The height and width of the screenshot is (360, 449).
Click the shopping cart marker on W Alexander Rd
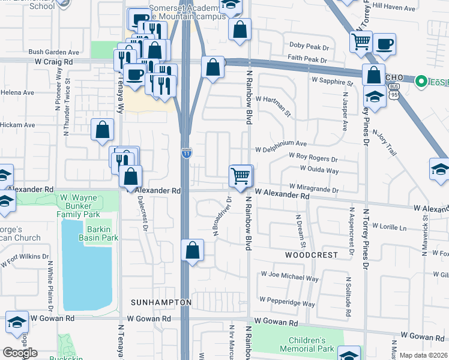point(240,176)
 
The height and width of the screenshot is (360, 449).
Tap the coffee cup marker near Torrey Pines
point(384,44)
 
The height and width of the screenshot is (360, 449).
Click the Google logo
point(20,353)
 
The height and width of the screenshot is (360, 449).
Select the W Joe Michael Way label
point(289,278)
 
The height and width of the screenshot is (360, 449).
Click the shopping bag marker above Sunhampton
point(191,250)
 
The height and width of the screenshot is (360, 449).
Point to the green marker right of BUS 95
point(421,80)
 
